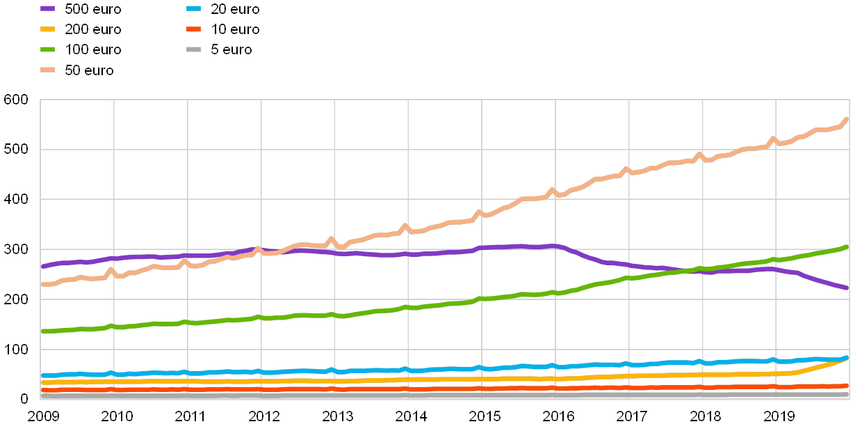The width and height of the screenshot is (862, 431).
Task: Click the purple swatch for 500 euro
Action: (48, 9)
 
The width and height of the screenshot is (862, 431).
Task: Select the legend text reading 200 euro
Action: (93, 29)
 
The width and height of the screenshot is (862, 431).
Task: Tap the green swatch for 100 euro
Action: (48, 49)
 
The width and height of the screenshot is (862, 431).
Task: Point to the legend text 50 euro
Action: (89, 70)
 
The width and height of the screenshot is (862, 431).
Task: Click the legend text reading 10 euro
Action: (231, 29)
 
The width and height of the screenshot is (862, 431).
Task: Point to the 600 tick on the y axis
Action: (16, 100)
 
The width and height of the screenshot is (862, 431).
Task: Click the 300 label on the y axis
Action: (16, 249)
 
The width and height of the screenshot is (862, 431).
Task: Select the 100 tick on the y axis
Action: (16, 349)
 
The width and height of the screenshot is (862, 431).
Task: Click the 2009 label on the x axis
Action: (43, 416)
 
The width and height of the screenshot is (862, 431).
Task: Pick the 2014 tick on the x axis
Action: (411, 416)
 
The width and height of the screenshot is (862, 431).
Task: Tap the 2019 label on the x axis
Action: (779, 416)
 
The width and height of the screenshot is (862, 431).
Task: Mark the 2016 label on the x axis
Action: (558, 416)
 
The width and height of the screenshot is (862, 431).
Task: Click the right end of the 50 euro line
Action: (846, 120)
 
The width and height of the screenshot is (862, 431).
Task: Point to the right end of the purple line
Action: (846, 288)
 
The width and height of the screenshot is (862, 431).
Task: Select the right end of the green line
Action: (846, 246)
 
